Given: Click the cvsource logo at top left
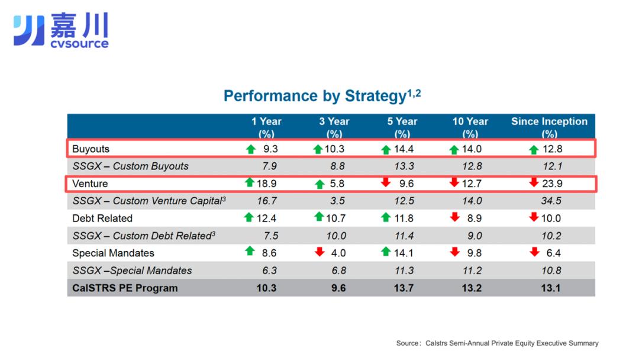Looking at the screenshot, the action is [61, 30].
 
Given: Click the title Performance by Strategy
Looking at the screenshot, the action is [322, 96].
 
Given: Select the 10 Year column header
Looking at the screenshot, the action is [470, 127].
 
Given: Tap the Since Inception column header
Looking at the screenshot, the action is [549, 127].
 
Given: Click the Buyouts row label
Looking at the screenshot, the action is [91, 149].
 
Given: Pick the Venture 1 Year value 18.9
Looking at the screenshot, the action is [266, 184].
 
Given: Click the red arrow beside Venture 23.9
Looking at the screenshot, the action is [534, 182].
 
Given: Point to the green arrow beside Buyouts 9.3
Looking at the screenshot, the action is [251, 149].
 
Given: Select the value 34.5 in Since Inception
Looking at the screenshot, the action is [551, 201].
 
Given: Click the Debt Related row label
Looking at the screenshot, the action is [102, 218].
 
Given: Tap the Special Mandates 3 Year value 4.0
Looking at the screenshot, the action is [338, 253].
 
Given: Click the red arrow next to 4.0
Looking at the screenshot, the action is [319, 252].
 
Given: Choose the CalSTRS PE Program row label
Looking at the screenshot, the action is [125, 288].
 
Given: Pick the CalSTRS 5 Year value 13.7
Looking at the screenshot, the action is [404, 288].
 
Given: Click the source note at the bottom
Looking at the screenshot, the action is [497, 343].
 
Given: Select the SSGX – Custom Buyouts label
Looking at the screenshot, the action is [130, 166].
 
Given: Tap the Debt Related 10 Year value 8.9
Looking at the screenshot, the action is [475, 218].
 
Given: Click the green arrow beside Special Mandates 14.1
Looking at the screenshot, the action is [386, 252].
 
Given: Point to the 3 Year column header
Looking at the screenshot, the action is [334, 127].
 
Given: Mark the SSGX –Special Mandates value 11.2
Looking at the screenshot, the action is [472, 271].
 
